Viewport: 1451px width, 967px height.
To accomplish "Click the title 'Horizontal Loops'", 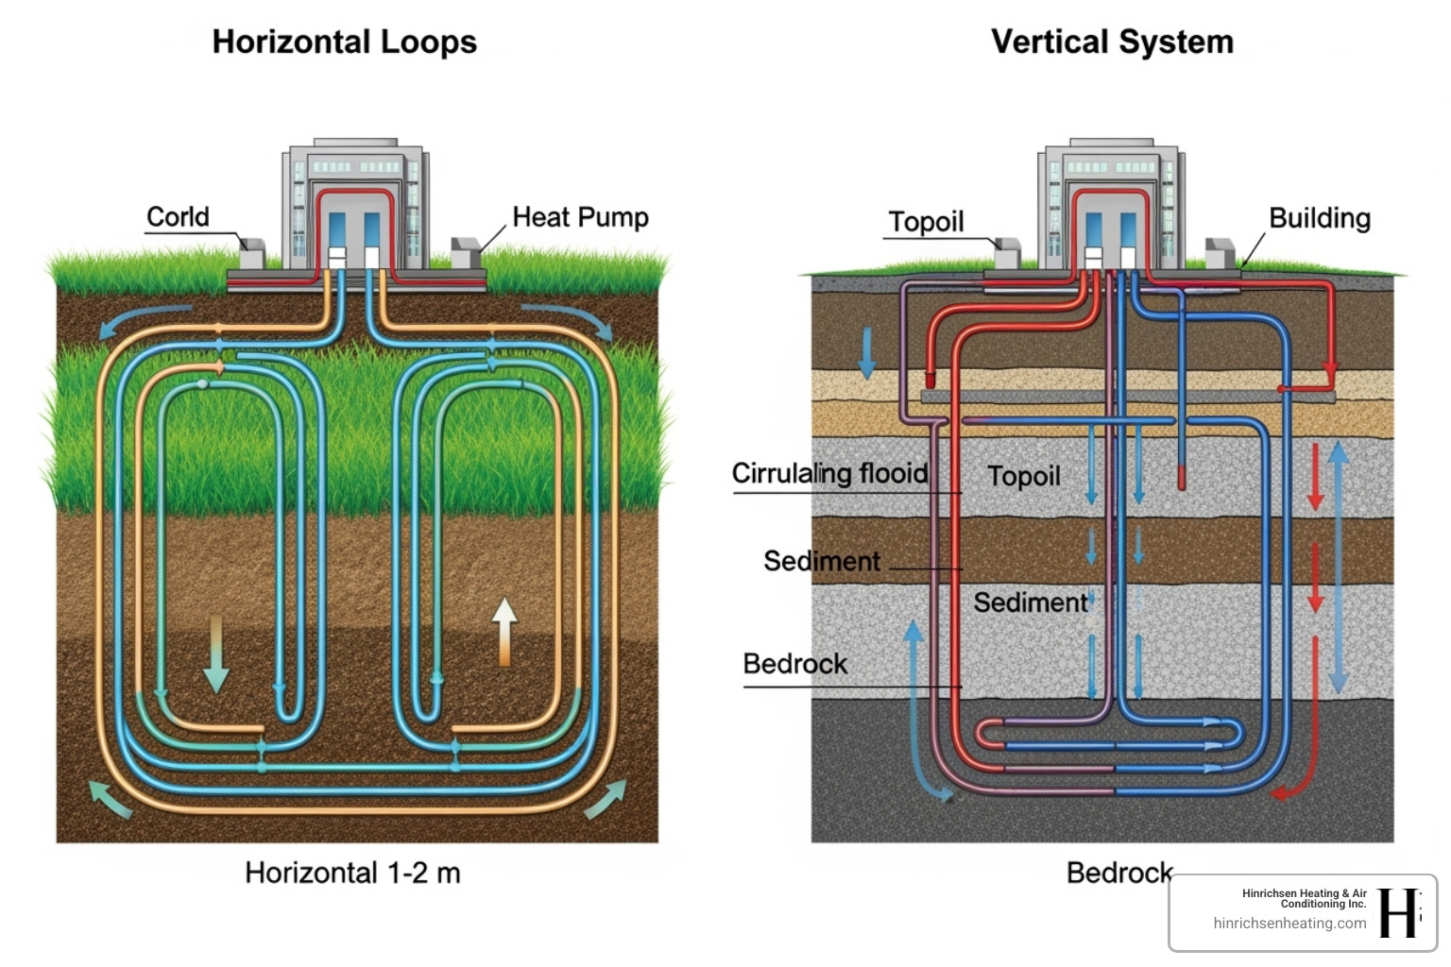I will (x=344, y=42).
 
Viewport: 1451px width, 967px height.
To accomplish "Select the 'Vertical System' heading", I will (x=1112, y=42).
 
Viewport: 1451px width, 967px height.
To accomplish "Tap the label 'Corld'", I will (x=178, y=217).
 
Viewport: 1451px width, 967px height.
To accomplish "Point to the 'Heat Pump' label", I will (x=580, y=217).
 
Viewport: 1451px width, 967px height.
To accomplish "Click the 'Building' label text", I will (x=1319, y=218).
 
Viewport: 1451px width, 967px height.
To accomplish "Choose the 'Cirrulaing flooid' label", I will (x=829, y=473).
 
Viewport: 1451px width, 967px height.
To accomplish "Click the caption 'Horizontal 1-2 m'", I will (x=352, y=873).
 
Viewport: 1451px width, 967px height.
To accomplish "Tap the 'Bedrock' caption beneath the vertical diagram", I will (x=1118, y=873).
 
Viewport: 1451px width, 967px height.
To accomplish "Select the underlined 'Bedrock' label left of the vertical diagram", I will (x=794, y=664).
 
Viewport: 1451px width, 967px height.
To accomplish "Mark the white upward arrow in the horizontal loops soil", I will (x=504, y=630).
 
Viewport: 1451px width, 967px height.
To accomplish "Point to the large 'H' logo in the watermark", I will (x=1398, y=913).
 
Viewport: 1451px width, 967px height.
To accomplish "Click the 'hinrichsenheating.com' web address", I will (x=1289, y=924).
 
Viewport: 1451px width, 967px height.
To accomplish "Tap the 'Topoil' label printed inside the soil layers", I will (x=1023, y=476).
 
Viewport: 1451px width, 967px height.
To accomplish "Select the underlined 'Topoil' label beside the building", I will (x=926, y=222).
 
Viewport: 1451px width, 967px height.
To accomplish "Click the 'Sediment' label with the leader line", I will (x=821, y=561).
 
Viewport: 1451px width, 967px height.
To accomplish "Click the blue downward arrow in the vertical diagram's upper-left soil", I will (x=865, y=353).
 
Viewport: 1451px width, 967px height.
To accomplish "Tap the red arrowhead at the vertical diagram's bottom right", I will (x=1282, y=791).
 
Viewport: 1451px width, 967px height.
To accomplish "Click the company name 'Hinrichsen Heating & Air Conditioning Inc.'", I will (x=1304, y=898).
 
